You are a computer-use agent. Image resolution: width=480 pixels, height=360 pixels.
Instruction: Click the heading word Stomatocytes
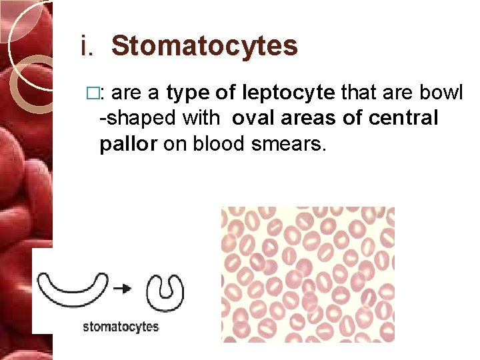(x=204, y=46)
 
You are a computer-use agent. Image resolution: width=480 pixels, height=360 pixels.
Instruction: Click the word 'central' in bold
(x=404, y=118)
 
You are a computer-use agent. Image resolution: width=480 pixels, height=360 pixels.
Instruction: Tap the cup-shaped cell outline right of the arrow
(x=165, y=291)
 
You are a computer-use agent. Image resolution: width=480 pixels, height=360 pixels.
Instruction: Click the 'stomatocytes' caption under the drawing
(x=121, y=327)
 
